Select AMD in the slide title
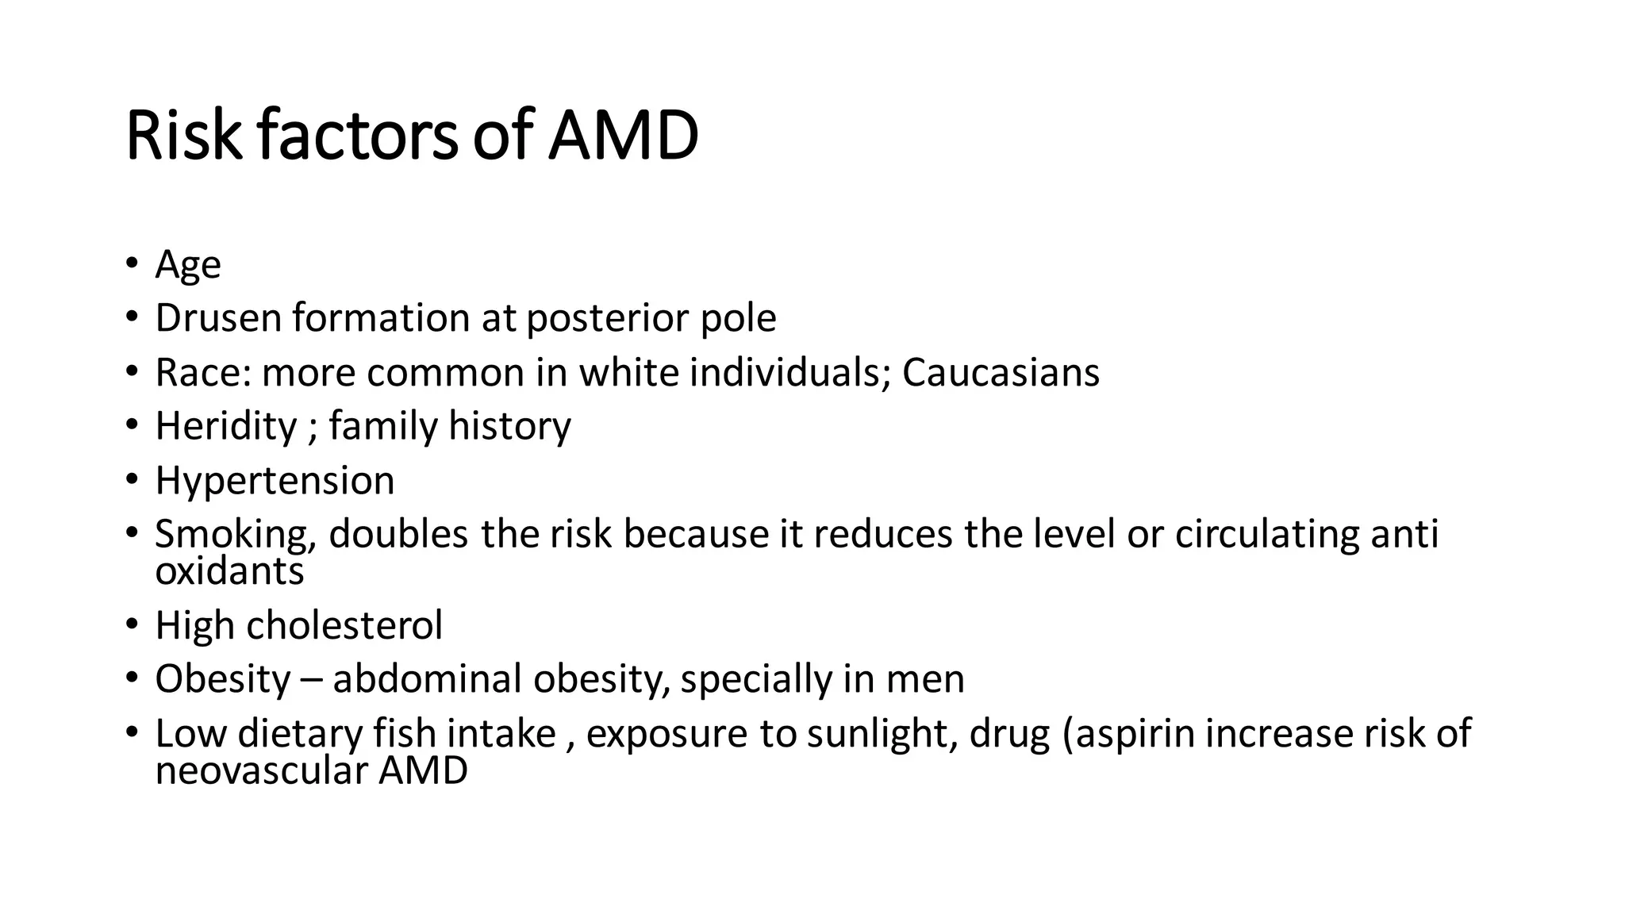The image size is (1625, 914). [623, 136]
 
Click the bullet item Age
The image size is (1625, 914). [187, 265]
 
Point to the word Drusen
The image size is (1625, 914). [218, 318]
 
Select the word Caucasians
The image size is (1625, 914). [1001, 372]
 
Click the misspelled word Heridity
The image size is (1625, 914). [226, 426]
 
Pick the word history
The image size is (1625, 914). [509, 426]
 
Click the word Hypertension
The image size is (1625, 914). [275, 481]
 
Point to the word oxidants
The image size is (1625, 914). [229, 571]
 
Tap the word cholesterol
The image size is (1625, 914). [344, 625]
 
